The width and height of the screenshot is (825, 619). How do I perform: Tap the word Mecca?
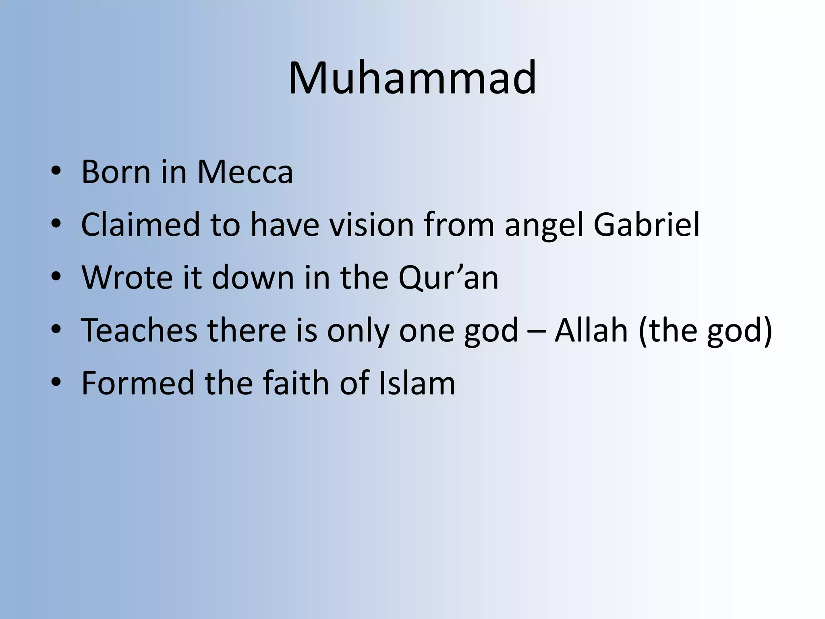click(x=245, y=172)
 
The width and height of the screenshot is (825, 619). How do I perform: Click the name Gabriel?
click(x=647, y=224)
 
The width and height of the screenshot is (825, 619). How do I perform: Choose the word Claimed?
click(x=140, y=224)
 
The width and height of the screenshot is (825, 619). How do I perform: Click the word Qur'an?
click(x=448, y=278)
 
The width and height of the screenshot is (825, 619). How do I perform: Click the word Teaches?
click(x=139, y=330)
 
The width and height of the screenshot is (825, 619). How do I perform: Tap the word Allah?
click(x=591, y=330)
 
